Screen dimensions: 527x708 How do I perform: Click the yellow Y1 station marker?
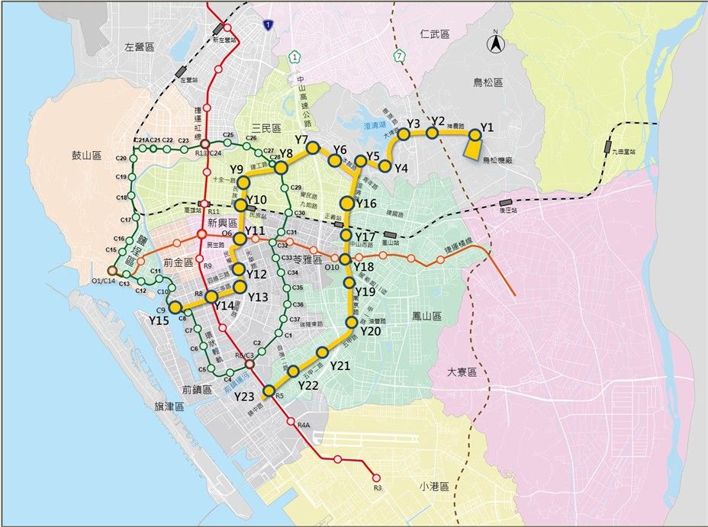click(475, 135)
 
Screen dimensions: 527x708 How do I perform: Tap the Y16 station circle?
click(347, 203)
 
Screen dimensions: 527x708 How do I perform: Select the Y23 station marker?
click(269, 391)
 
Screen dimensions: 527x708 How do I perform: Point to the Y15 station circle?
click(175, 307)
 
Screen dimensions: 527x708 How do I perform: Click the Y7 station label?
click(301, 140)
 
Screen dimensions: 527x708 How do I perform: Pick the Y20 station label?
click(370, 331)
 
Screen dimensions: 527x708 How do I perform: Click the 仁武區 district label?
click(435, 34)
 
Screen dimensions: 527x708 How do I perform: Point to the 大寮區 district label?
click(462, 372)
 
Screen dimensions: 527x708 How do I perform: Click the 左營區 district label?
click(140, 47)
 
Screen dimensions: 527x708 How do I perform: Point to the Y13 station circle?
click(240, 287)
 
